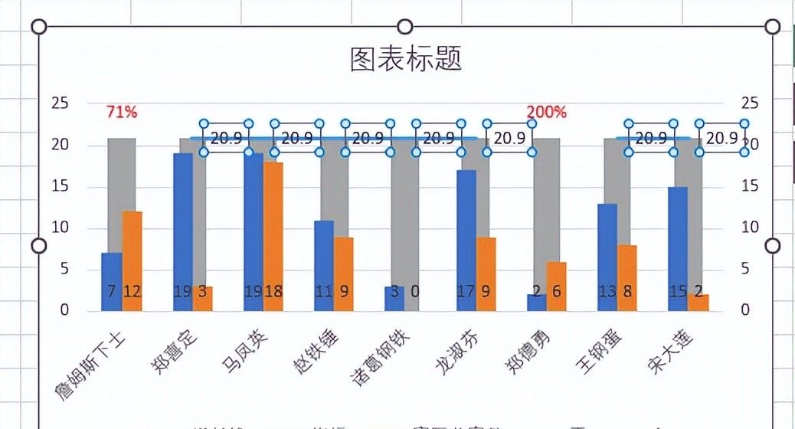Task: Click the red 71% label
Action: [x=122, y=112]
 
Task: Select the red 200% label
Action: [x=547, y=112]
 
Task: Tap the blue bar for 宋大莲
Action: [x=678, y=245]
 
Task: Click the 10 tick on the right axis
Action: [x=750, y=228]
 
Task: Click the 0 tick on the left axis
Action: [x=64, y=310]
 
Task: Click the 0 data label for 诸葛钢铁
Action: [x=414, y=291]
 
